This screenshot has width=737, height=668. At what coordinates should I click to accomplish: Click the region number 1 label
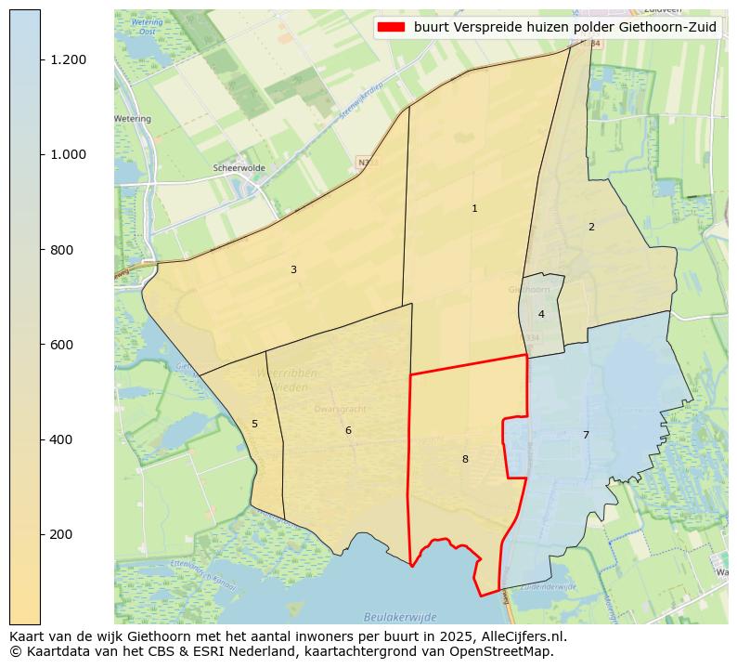(x=474, y=209)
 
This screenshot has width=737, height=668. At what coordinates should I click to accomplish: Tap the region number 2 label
(x=591, y=228)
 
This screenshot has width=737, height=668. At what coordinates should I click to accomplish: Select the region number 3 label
(x=293, y=270)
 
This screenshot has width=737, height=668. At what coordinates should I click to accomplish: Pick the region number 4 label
(x=541, y=315)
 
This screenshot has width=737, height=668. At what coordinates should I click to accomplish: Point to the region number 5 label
(x=254, y=425)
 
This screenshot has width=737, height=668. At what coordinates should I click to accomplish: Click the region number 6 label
(x=348, y=431)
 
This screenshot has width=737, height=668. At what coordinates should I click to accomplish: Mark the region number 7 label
(x=586, y=436)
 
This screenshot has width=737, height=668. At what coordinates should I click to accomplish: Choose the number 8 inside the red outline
(x=465, y=460)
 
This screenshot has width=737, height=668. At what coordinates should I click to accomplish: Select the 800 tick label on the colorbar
(x=62, y=250)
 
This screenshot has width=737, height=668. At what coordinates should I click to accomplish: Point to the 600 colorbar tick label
(x=62, y=345)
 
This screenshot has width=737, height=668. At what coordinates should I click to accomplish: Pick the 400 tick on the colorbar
(x=62, y=439)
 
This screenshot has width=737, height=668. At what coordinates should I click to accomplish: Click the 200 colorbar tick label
(x=62, y=534)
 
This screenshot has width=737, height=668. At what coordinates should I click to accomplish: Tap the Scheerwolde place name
(x=239, y=168)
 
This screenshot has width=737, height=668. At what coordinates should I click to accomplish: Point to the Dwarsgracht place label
(x=340, y=408)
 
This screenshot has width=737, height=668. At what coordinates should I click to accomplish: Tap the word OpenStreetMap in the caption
(x=506, y=651)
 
